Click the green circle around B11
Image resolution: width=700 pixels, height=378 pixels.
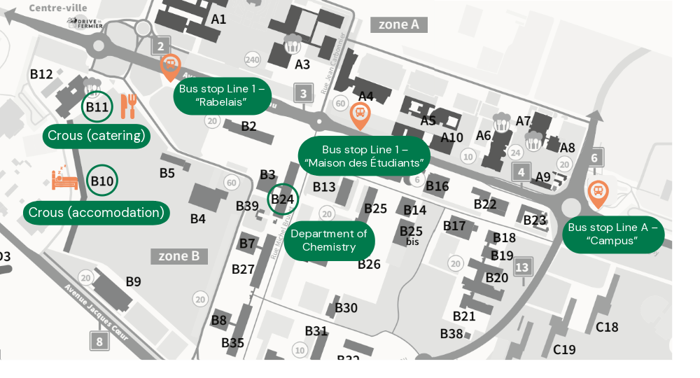(97, 107)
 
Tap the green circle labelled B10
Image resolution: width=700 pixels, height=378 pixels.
(102, 181)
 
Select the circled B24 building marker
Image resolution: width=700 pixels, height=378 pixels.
(283, 199)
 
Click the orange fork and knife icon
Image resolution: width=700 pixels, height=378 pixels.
(128, 106)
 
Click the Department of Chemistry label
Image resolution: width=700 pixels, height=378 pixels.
(329, 240)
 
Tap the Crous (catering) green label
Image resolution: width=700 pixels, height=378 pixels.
(97, 135)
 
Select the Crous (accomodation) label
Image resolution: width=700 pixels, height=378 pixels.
(97, 212)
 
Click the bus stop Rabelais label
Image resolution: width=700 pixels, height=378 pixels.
(222, 96)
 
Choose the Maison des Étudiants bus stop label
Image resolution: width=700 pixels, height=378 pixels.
(364, 156)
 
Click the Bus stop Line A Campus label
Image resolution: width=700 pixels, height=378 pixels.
(612, 234)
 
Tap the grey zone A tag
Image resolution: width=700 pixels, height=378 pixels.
(398, 24)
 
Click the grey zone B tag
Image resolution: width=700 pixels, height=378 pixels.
(179, 256)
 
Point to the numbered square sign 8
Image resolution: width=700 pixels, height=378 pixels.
(99, 342)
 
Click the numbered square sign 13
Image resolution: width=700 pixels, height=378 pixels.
(522, 267)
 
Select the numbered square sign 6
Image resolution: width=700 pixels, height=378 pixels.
(594, 158)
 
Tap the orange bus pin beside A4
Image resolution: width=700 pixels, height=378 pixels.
(360, 114)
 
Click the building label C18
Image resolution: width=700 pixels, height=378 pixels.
(607, 327)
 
